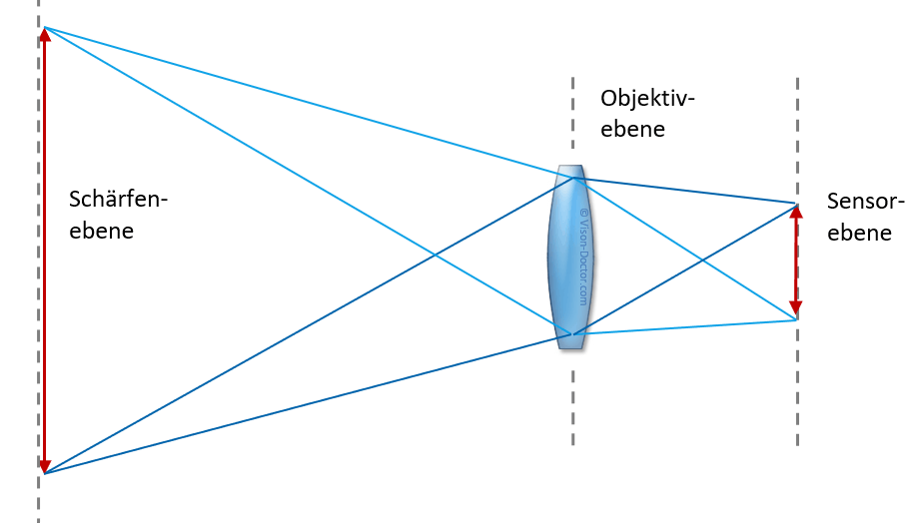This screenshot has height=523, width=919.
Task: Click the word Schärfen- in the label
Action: click(119, 200)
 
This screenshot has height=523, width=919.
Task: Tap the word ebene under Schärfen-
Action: click(102, 231)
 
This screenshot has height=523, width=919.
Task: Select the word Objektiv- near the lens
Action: click(647, 99)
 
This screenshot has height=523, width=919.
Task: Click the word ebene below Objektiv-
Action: click(633, 129)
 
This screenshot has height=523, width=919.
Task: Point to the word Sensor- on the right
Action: click(866, 202)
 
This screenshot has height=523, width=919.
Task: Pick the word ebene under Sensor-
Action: click(859, 234)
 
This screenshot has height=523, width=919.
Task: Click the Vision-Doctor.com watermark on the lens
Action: click(583, 258)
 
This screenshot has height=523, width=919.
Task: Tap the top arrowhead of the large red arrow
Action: click(45, 34)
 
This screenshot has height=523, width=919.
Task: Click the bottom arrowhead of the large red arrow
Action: click(45, 465)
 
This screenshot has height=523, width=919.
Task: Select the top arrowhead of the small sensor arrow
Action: click(796, 212)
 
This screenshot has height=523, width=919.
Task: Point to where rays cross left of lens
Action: click(435, 255)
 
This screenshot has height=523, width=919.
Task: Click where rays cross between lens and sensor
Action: click(702, 260)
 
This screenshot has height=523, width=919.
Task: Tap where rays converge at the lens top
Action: click(574, 178)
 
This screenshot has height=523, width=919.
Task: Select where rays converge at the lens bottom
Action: click(572, 334)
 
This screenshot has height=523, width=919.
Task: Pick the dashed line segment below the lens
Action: click(572, 407)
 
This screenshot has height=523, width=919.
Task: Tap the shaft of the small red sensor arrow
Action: click(795, 261)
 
